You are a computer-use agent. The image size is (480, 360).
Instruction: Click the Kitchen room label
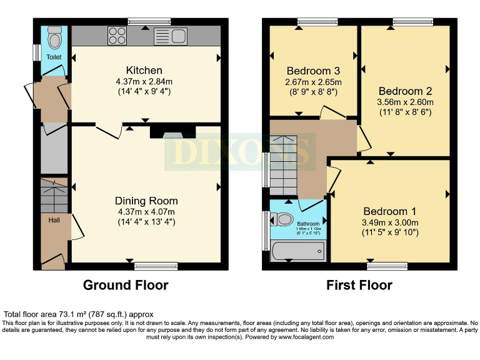point(144,70)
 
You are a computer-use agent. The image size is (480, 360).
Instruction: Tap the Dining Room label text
point(146,201)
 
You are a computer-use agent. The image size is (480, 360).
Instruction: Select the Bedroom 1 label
point(389,211)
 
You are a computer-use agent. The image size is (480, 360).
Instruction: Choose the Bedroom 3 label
point(312,70)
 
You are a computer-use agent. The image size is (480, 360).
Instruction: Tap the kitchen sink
point(169,35)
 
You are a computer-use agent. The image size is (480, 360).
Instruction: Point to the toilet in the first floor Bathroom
point(284,219)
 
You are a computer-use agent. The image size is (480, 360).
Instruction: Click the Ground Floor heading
point(126,285)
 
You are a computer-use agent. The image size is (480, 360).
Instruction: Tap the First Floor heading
point(359,285)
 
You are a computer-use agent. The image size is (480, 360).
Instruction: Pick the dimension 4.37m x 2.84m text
point(144,81)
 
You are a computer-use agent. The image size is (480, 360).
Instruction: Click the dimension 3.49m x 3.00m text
point(389,222)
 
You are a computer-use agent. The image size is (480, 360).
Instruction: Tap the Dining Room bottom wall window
point(151,266)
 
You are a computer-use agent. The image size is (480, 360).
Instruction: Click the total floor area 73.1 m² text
point(79,314)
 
